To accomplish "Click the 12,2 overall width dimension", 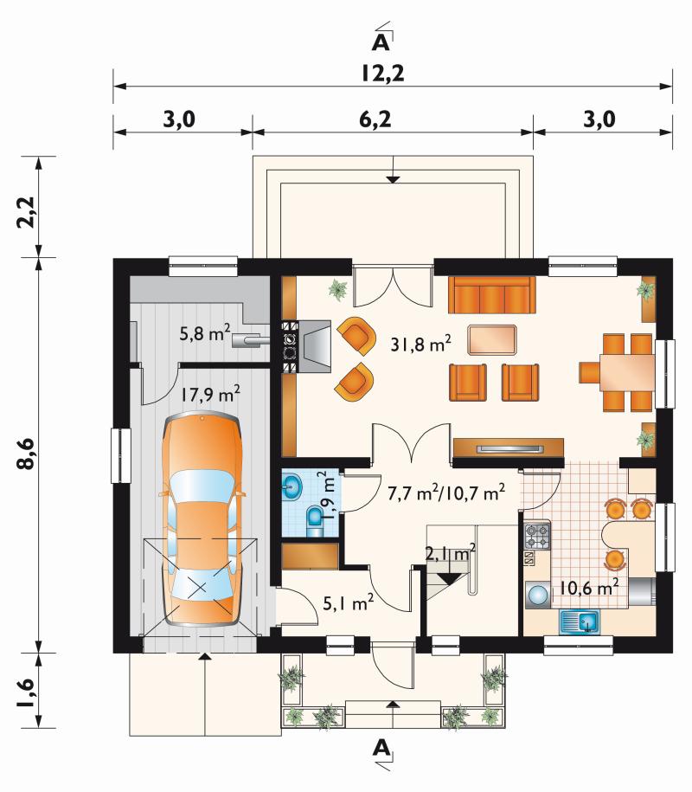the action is (x=382, y=74).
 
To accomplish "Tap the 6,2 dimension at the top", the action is (x=375, y=119).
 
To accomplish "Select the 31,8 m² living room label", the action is (x=421, y=344).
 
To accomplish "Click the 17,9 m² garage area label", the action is (x=210, y=394).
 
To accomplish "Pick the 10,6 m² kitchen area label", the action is (x=588, y=588).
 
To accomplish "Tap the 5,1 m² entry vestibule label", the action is (x=349, y=602).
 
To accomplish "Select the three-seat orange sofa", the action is (x=491, y=295).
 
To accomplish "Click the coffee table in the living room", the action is (x=492, y=340).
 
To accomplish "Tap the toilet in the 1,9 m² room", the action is (x=315, y=521).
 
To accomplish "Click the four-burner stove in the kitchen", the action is (x=537, y=537).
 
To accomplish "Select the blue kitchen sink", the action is (x=580, y=621).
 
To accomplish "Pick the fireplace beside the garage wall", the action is (x=307, y=346).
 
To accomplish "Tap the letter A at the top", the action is (x=381, y=42).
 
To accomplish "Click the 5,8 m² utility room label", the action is (x=205, y=333).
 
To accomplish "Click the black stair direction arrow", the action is (x=448, y=579).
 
